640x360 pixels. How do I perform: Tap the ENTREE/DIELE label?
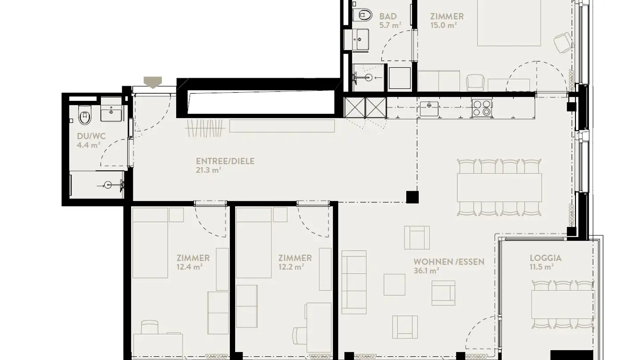click(x=225, y=161)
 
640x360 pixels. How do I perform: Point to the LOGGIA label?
click(x=545, y=258)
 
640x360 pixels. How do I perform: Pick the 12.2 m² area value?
click(x=291, y=267)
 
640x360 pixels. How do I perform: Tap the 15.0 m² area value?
click(x=444, y=25)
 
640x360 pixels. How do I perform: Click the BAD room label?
click(x=388, y=16)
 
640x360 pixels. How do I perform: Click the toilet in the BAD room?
click(x=364, y=15)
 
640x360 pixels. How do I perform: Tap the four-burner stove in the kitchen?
click(x=482, y=108)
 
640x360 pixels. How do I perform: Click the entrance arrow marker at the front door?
click(x=153, y=82)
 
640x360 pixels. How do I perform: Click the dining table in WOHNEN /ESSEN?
click(x=500, y=187)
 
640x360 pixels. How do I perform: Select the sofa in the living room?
click(x=354, y=281)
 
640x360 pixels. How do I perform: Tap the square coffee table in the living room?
click(x=394, y=284)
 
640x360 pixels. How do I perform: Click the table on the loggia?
click(x=563, y=304)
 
